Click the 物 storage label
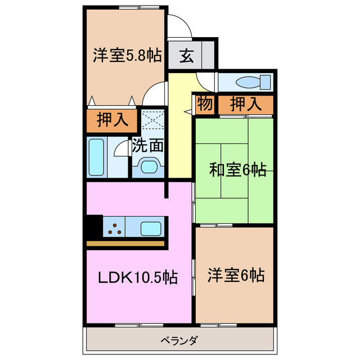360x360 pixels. pos(204,104)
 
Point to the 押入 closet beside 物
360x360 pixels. pos(246,104)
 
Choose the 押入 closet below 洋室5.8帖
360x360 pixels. pos(112,120)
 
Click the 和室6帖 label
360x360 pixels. pos(238,169)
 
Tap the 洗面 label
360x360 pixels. pos(148,146)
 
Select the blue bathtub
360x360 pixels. pos(98,157)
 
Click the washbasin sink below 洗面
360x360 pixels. pos(150,167)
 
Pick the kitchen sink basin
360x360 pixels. pos(150,228)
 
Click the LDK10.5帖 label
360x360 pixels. pos(138,277)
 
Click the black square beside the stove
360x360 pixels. pos(93,228)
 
